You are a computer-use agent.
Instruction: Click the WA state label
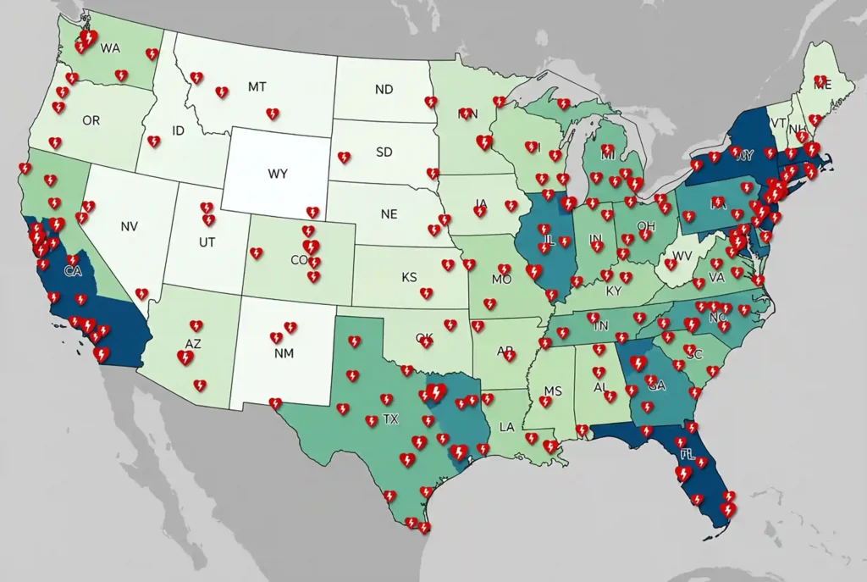tap(110, 48)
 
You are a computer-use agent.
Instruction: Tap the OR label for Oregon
tap(91, 121)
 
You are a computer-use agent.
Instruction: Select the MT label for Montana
tap(257, 86)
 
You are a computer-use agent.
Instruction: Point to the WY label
tap(278, 174)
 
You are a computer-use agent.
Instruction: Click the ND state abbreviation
tap(384, 89)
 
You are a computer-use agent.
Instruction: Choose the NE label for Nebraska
tap(389, 214)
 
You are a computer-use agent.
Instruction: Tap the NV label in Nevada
tap(130, 226)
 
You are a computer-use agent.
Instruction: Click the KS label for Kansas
tap(409, 277)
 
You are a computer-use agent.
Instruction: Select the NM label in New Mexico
tap(284, 353)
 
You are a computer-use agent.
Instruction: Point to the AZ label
tap(193, 345)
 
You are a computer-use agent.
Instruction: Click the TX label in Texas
tap(390, 419)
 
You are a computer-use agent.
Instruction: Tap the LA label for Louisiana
tap(507, 426)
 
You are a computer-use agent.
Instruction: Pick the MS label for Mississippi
tap(553, 391)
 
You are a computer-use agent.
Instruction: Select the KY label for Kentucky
tap(614, 291)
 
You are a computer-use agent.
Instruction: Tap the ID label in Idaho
tap(178, 131)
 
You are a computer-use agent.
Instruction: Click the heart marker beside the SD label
tap(344, 158)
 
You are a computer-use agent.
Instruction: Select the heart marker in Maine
tap(820, 82)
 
